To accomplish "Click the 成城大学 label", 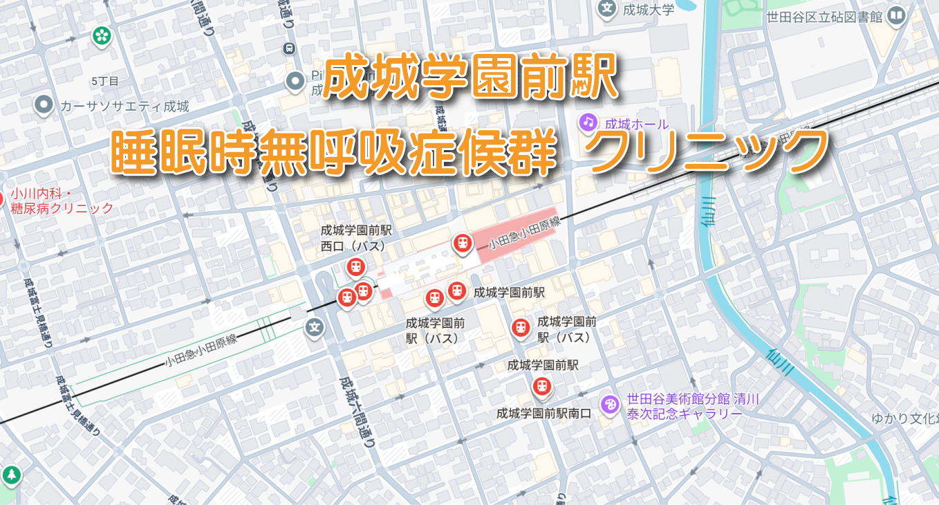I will coord(648,10).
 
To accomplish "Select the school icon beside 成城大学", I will coord(607,9).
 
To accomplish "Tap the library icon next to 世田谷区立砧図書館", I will coord(897,16).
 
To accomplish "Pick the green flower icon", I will coord(102,35).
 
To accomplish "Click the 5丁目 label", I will coord(105,81).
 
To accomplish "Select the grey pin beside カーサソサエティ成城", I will coord(44,105).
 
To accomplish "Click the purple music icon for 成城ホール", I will coord(588,122).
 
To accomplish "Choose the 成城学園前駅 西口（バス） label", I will coord(356,237).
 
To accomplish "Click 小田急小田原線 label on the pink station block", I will coord(523,234).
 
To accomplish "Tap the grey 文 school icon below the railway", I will coord(315,327).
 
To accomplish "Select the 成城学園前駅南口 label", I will coord(543,413).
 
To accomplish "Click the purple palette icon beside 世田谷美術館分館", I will coord(610,404).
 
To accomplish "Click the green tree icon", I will coord(11,475).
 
